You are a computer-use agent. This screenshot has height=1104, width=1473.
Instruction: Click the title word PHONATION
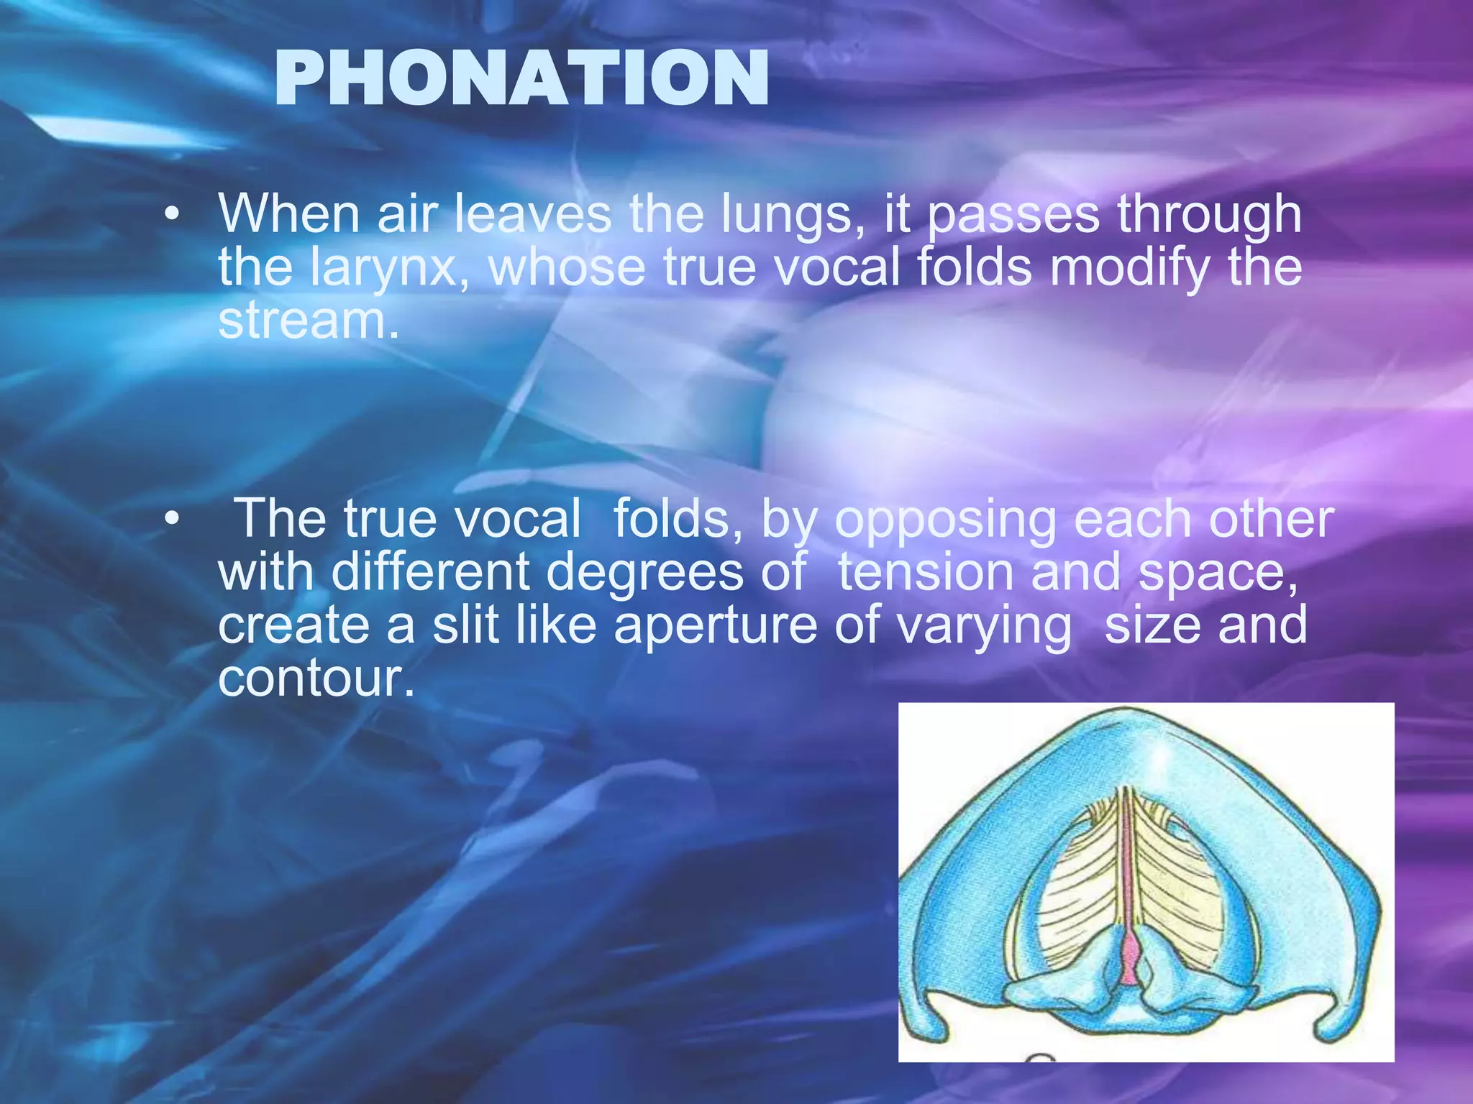point(521,80)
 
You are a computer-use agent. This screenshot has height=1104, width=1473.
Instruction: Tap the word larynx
point(393,267)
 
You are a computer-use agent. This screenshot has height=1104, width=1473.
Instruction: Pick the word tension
point(926,573)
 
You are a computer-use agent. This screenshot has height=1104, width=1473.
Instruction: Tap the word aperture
point(715,626)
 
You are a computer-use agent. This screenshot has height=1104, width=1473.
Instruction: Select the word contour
point(316,678)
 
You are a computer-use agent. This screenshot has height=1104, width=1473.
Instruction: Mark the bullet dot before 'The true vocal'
point(170,520)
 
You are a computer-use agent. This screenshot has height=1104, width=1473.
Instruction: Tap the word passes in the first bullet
point(1013,216)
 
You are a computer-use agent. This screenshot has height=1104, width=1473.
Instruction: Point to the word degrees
point(644,574)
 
